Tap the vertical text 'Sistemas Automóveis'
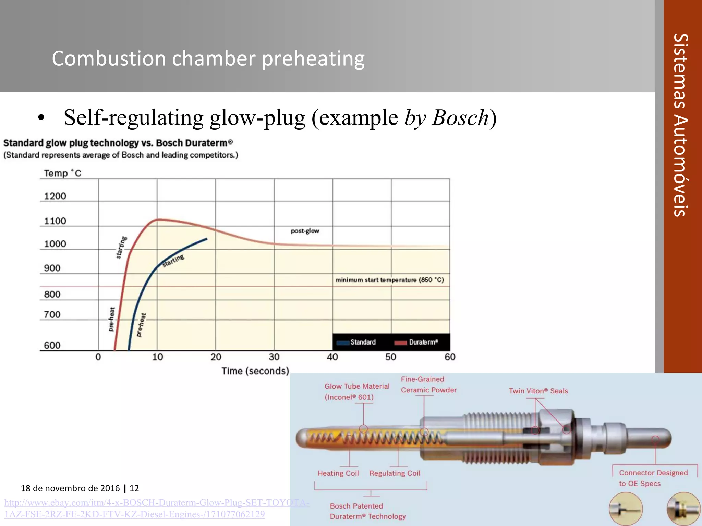[681, 125]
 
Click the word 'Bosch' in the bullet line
[460, 117]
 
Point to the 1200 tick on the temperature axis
[55, 196]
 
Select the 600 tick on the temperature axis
[52, 345]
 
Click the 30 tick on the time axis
[274, 357]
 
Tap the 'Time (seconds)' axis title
[255, 371]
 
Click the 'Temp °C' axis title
[62, 173]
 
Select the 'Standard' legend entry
[363, 342]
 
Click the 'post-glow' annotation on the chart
[305, 231]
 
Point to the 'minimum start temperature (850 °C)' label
[389, 280]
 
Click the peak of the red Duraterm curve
[158, 220]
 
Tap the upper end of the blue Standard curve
[207, 239]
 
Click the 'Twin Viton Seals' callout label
[538, 391]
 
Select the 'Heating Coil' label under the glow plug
[338, 473]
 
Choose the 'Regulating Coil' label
[395, 473]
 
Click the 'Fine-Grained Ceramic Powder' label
[428, 385]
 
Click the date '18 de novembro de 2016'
[70, 488]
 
